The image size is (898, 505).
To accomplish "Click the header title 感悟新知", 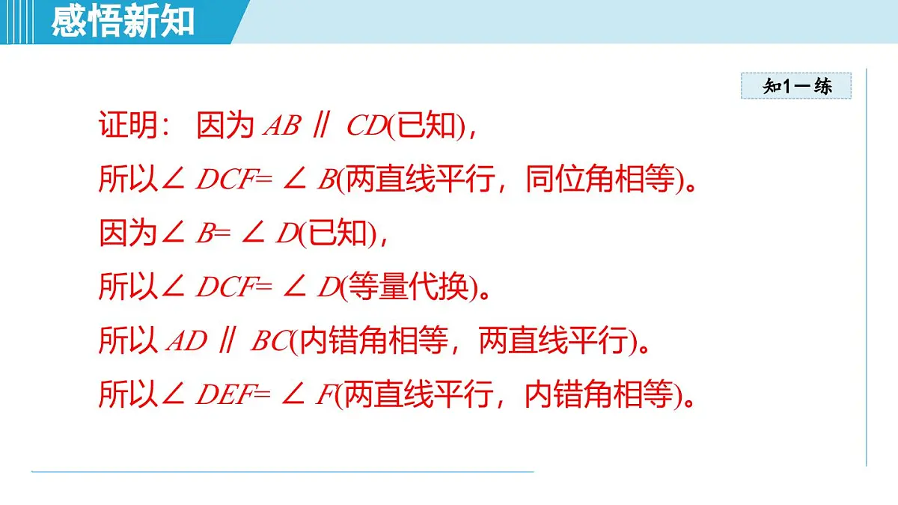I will point(123,22).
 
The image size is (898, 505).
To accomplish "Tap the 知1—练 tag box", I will point(796,86).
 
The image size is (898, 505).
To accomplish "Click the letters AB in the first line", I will point(281,126).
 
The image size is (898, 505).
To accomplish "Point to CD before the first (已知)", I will point(365,126).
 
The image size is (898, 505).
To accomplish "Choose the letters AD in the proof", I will point(186,342).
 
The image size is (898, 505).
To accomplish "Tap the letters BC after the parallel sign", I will point(269,342).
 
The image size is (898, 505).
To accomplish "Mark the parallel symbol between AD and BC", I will point(226,342).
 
